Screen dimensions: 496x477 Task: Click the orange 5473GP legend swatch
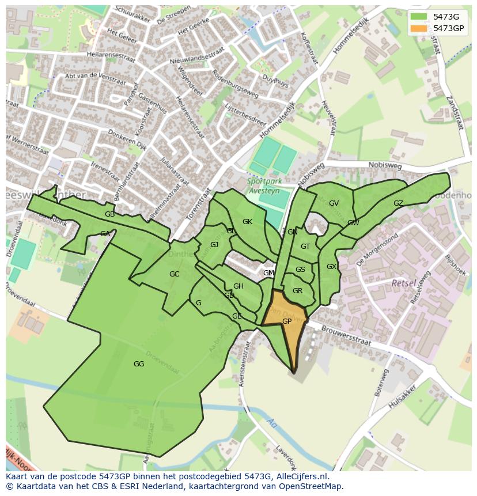[x=419, y=28]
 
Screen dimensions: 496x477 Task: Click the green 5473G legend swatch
[x=419, y=17]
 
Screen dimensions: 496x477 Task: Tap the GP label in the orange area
[x=286, y=321]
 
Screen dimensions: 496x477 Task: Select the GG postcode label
[x=138, y=364]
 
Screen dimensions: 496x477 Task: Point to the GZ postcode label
[x=398, y=203]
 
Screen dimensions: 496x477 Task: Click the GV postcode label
[x=334, y=203]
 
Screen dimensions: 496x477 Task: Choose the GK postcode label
[x=247, y=222]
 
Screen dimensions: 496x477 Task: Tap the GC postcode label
[x=174, y=274]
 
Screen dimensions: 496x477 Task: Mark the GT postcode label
[x=305, y=247]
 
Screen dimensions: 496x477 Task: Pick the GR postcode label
[x=297, y=291]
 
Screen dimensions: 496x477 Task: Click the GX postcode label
[x=331, y=267]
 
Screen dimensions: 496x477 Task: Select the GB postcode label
[x=109, y=214]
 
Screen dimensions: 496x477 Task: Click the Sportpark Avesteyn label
[x=268, y=185]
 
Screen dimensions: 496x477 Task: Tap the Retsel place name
[x=403, y=283]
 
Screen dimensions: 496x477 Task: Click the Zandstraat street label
[x=455, y=115]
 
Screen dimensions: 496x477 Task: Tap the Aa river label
[x=270, y=423]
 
